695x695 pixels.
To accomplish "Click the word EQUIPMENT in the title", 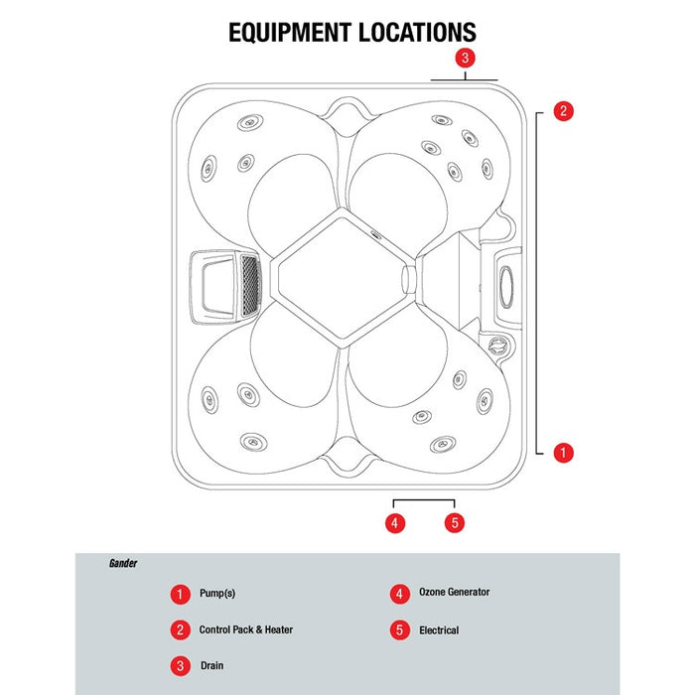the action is (290, 33).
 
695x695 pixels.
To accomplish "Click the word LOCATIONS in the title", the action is (417, 33).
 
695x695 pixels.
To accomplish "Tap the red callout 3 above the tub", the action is (465, 58).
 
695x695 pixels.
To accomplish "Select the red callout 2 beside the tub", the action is (563, 111).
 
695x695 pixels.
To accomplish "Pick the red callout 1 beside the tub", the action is (563, 453).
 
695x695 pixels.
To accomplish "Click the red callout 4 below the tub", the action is (395, 523).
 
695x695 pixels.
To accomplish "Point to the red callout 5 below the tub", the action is (455, 523).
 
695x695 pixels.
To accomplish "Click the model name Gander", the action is (123, 563).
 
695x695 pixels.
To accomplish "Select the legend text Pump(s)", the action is (217, 593).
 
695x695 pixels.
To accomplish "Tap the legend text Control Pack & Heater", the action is (246, 629).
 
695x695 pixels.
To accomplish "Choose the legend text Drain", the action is (211, 665).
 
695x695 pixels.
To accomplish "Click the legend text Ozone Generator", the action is (455, 592).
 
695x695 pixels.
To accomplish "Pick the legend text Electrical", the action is (439, 629).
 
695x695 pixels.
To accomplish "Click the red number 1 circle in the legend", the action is (180, 594).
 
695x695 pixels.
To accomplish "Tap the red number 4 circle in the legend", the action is (399, 594).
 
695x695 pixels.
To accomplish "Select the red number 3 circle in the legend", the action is (180, 666).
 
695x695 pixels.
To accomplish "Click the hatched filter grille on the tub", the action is (250, 286).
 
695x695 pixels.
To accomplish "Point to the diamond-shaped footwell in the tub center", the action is (342, 278).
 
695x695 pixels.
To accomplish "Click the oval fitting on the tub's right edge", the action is (506, 287).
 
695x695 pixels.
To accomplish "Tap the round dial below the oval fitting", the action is (497, 345).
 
